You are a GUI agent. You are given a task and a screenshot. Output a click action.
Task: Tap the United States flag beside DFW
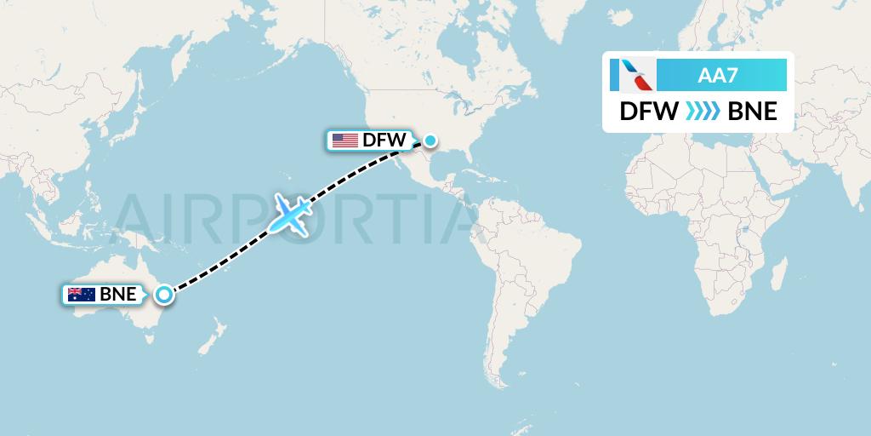pyautogui.click(x=344, y=141)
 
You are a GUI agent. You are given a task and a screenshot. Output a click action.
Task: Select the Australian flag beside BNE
pyautogui.click(x=82, y=295)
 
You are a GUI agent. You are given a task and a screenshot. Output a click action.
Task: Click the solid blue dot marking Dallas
pyautogui.click(x=430, y=141)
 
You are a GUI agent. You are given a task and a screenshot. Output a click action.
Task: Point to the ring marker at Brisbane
pyautogui.click(x=164, y=295)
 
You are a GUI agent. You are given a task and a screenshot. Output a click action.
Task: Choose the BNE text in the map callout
pyautogui.click(x=118, y=295)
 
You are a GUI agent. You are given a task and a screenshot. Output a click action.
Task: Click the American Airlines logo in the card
pyautogui.click(x=632, y=75)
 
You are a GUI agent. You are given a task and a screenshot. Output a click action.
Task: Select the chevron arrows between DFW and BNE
pyautogui.click(x=702, y=112)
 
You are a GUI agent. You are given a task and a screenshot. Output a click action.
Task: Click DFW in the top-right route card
pyautogui.click(x=648, y=112)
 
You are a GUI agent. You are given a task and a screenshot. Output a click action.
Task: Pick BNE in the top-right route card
pyautogui.click(x=753, y=112)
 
